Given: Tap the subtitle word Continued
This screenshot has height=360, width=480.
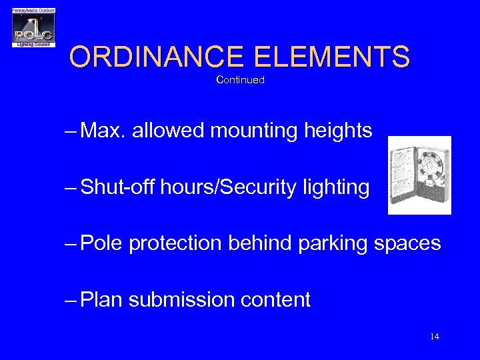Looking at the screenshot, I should pos(241,80).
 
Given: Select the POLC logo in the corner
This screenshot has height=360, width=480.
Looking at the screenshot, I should pos(33,28).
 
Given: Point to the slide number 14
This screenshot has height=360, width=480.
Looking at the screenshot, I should pos(435,336).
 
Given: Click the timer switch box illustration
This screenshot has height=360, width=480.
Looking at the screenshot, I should pos(420,175).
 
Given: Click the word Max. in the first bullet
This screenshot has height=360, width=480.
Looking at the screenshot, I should pos(103,131).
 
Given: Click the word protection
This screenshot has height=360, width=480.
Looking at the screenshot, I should pos(175,244).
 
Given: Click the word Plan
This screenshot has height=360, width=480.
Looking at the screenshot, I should pos(101,300).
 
